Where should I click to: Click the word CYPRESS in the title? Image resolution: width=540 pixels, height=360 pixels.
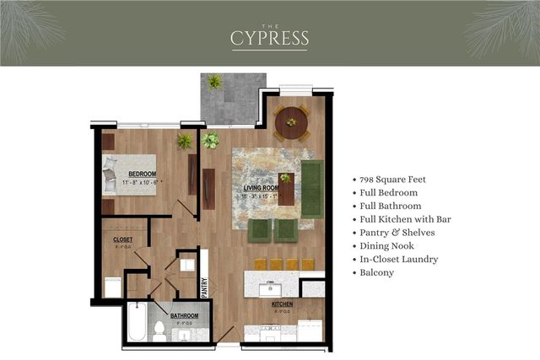(270, 39)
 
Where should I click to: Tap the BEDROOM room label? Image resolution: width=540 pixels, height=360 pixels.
(128, 174)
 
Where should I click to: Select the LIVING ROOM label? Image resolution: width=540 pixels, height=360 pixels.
(262, 188)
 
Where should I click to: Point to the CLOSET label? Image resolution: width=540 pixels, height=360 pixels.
(122, 239)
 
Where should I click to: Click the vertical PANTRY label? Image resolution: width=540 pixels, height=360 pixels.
(204, 289)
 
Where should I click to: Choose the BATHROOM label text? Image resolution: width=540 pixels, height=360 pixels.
(184, 316)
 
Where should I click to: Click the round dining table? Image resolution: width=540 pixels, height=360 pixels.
(292, 122)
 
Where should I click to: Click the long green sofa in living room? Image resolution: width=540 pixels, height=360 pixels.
(312, 187)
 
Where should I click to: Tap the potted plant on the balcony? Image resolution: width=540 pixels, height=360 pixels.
(214, 82)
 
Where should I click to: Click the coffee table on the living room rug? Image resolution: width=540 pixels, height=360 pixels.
(287, 190)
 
